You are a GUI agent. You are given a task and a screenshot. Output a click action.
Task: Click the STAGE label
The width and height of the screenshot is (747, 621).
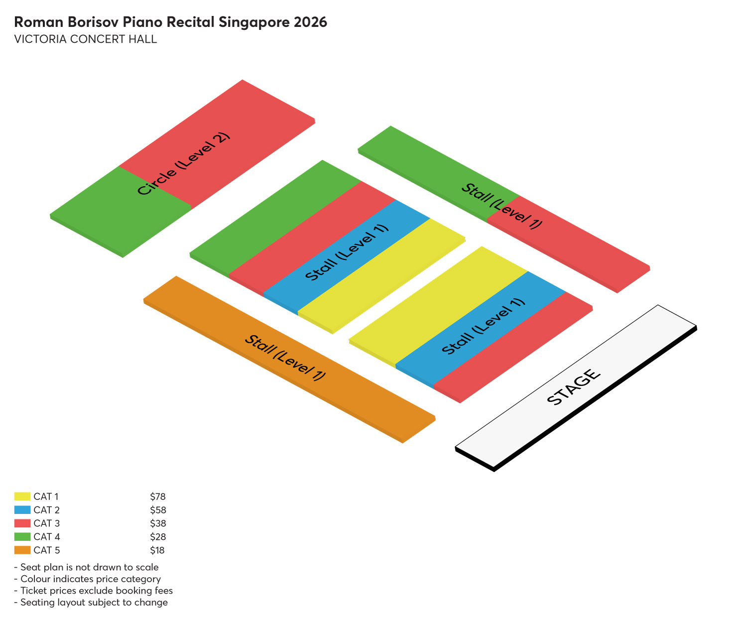click(x=574, y=387)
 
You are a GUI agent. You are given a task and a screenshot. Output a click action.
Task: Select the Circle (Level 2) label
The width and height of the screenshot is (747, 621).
click(x=184, y=163)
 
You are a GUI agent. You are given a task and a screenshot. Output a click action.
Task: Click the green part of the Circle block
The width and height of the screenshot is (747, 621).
click(x=121, y=211)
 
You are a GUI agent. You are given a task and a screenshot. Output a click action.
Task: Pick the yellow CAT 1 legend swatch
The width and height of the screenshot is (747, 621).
click(x=22, y=497)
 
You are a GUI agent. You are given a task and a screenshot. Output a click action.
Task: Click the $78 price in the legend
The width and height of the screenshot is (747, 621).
click(x=158, y=497)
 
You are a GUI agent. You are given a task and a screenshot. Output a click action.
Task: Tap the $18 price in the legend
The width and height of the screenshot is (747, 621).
click(x=157, y=550)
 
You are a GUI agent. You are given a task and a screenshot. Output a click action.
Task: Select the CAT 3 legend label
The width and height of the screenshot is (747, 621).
click(x=46, y=523)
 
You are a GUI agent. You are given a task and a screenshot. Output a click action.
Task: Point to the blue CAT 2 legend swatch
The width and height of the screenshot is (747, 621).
click(x=22, y=510)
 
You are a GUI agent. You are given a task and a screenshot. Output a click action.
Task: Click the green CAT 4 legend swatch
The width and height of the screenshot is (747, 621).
click(x=22, y=536)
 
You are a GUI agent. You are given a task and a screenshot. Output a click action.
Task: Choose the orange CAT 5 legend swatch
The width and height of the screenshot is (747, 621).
click(x=22, y=550)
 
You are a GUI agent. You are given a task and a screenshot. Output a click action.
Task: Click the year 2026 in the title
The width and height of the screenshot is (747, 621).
click(x=310, y=22)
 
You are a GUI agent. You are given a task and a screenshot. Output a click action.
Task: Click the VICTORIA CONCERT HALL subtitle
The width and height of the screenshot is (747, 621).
click(x=86, y=39)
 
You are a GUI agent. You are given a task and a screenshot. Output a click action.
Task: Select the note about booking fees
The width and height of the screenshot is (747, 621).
click(x=94, y=591)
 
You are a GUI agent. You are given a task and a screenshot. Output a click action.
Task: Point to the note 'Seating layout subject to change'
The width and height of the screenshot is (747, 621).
click(x=91, y=603)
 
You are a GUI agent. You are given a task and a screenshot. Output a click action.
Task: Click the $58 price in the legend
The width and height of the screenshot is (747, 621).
click(x=158, y=510)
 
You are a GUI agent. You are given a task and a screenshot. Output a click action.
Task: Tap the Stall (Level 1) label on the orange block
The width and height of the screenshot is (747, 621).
click(x=285, y=358)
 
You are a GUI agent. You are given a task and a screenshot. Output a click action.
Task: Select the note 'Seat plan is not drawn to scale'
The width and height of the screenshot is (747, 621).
click(x=87, y=567)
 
